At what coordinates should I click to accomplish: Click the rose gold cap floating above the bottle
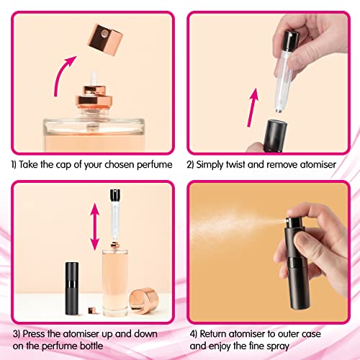[105, 40]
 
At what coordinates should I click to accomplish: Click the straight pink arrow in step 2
[253, 107]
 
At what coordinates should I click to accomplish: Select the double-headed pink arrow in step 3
[95, 227]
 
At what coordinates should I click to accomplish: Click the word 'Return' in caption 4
[213, 334]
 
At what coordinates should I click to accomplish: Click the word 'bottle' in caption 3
[91, 346]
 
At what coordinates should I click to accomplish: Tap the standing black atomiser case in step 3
[72, 288]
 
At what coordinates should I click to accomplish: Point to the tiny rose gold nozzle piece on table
[91, 310]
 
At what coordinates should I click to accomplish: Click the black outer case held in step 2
[275, 135]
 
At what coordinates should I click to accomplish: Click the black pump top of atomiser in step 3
[115, 195]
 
